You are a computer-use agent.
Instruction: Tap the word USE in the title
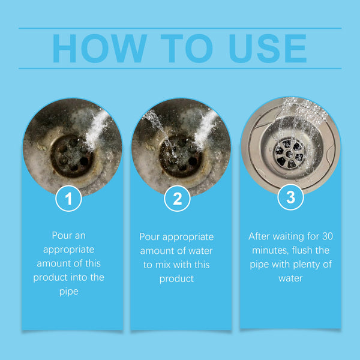click(263, 48)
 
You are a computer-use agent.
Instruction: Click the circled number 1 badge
click(68, 199)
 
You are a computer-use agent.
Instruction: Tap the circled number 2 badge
click(177, 199)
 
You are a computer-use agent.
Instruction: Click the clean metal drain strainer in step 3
click(290, 152)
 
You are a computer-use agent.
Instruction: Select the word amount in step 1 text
click(52, 263)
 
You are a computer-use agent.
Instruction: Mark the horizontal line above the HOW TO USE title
click(180, 28)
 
